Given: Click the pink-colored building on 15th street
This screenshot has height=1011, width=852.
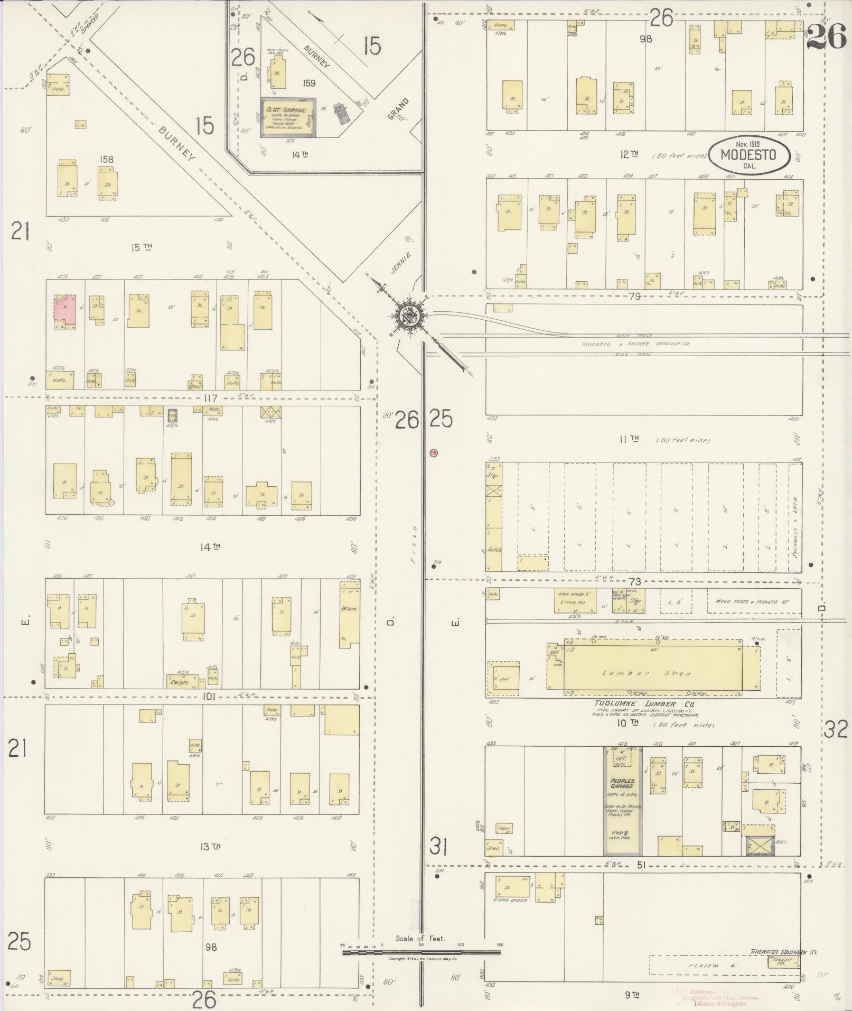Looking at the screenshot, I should tap(64, 314).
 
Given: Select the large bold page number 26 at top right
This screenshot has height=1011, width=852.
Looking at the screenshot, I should tap(827, 37).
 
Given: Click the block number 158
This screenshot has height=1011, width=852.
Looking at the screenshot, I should tap(106, 159).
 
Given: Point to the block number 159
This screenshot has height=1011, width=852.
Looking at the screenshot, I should tap(309, 83).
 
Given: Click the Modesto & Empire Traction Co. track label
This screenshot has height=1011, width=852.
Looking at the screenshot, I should tap(636, 344).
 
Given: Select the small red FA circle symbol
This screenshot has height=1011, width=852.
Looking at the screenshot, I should tap(434, 453).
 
